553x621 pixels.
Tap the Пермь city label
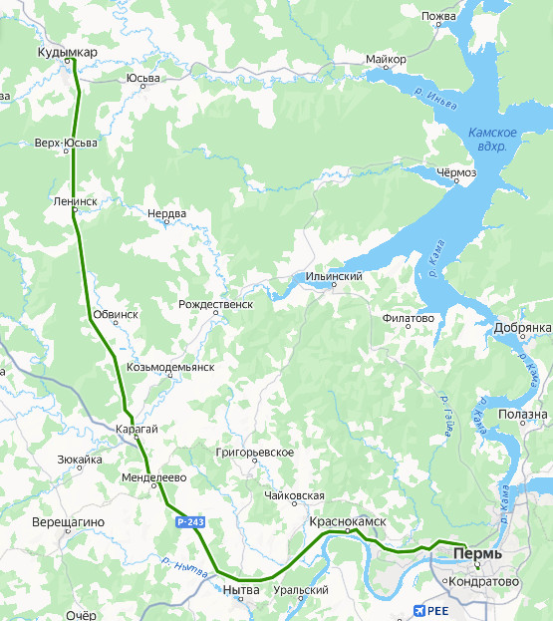coord(477,552)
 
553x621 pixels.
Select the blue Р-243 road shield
coord(190,521)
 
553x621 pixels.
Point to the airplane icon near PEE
coord(417,611)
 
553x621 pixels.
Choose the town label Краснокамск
coord(347,521)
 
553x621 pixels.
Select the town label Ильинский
coord(333,276)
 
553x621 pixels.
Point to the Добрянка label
coord(522,327)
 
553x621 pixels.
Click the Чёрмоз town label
coord(456,172)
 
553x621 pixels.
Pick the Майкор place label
coord(386,60)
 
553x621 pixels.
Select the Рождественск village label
coord(215,304)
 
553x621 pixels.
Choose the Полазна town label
coord(524,414)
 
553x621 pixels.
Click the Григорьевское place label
coord(254,452)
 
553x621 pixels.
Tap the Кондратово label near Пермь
coord(481,581)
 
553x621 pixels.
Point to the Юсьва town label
coord(143,79)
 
